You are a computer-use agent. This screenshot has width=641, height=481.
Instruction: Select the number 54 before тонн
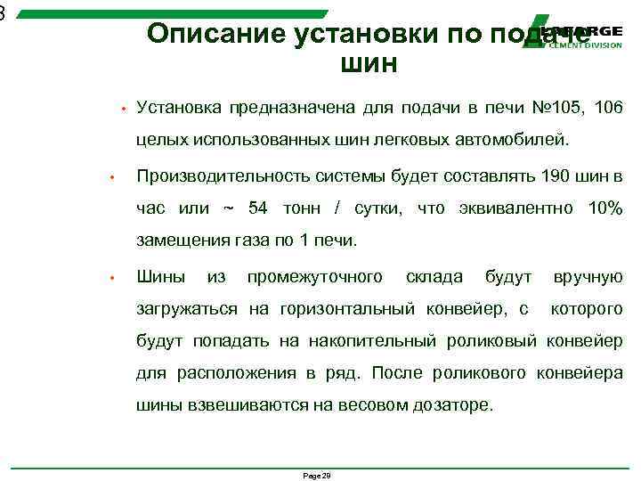coord(258,208)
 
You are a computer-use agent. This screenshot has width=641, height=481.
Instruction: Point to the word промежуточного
coord(315,277)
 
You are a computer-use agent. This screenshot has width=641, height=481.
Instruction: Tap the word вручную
coord(588,277)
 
